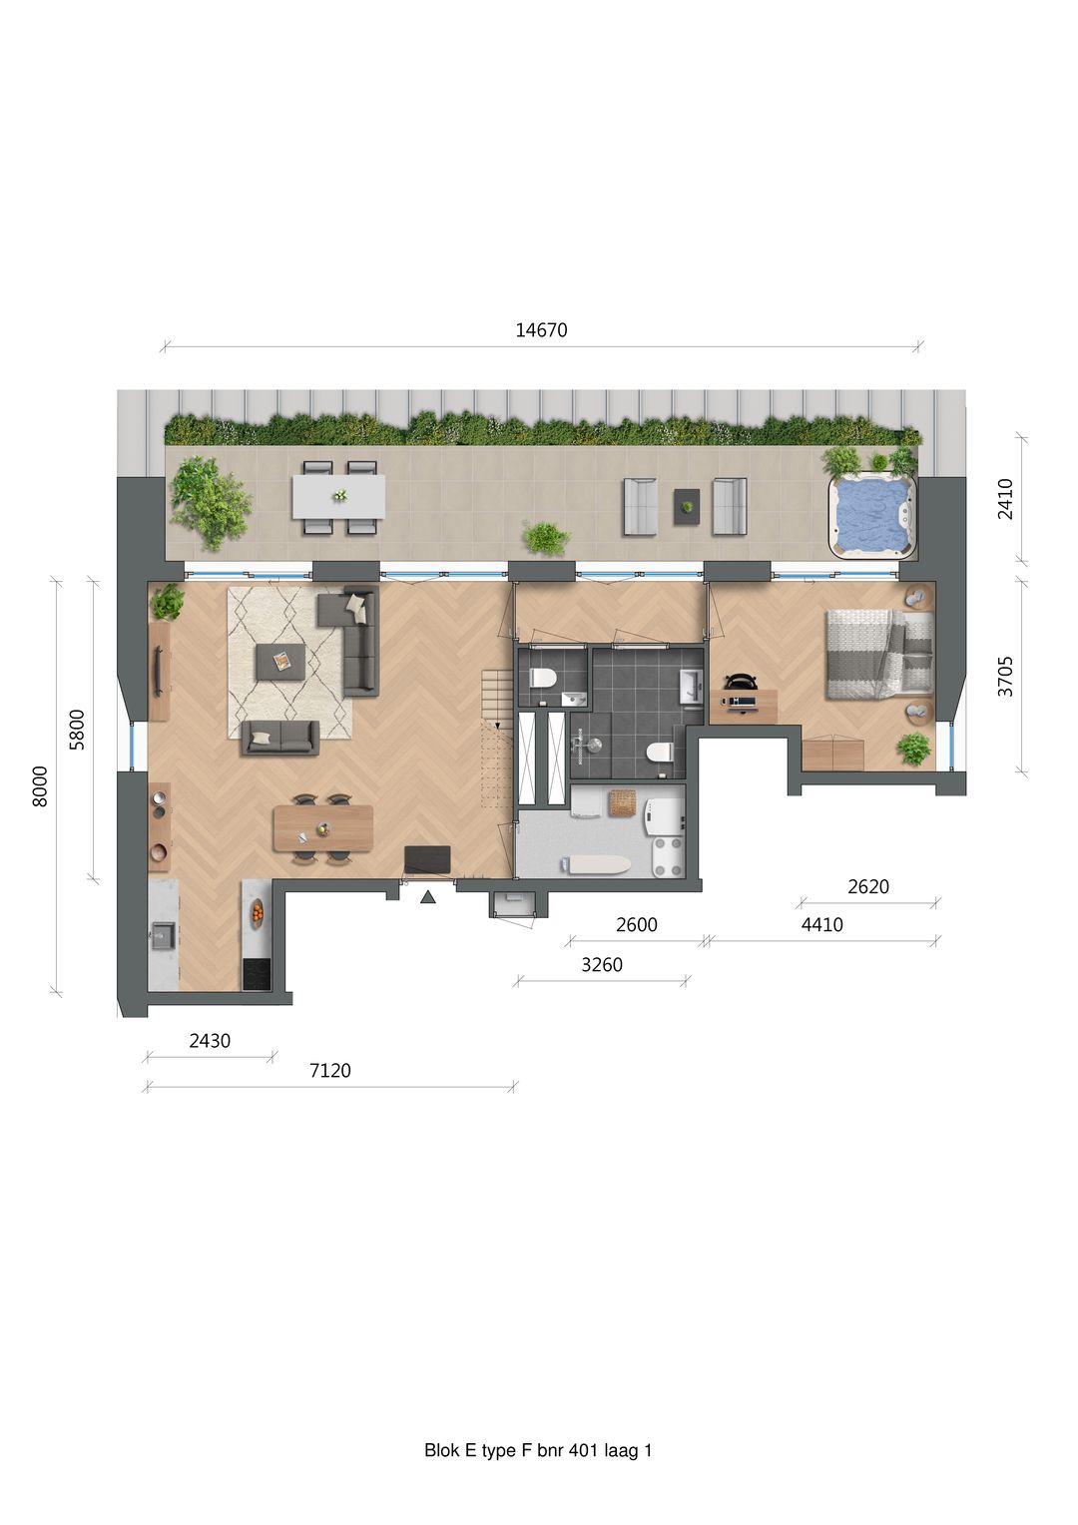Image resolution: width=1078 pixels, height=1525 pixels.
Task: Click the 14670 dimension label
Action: pyautogui.click(x=541, y=331)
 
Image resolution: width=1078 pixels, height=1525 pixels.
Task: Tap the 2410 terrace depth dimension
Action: pyautogui.click(x=1005, y=499)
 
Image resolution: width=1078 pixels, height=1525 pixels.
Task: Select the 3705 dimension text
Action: pyautogui.click(x=1005, y=677)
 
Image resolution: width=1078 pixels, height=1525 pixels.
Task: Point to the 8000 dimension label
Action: pyautogui.click(x=40, y=786)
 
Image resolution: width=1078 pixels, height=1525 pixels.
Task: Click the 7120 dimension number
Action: pyautogui.click(x=330, y=1071)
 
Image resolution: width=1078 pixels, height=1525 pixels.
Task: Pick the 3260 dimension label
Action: pyautogui.click(x=602, y=965)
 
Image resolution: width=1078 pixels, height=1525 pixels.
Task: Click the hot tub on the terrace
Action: pyautogui.click(x=871, y=514)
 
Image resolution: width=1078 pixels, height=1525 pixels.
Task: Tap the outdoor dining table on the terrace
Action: pyautogui.click(x=338, y=497)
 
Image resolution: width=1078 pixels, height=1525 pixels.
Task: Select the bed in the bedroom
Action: pyautogui.click(x=879, y=655)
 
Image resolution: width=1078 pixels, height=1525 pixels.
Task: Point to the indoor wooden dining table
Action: pyautogui.click(x=323, y=827)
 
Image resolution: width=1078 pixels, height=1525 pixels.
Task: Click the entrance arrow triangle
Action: pyautogui.click(x=427, y=897)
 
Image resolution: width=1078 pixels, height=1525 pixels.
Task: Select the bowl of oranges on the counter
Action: pyautogui.click(x=257, y=911)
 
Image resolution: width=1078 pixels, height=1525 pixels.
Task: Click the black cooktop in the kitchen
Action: pyautogui.click(x=257, y=973)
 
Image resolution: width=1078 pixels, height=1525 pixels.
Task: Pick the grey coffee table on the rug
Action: pyautogui.click(x=279, y=661)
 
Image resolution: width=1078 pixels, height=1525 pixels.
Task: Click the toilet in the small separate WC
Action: pyautogui.click(x=543, y=678)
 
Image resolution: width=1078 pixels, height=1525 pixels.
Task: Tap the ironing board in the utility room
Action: pyautogui.click(x=596, y=864)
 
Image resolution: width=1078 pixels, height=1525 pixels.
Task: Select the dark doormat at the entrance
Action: pyautogui.click(x=427, y=859)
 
